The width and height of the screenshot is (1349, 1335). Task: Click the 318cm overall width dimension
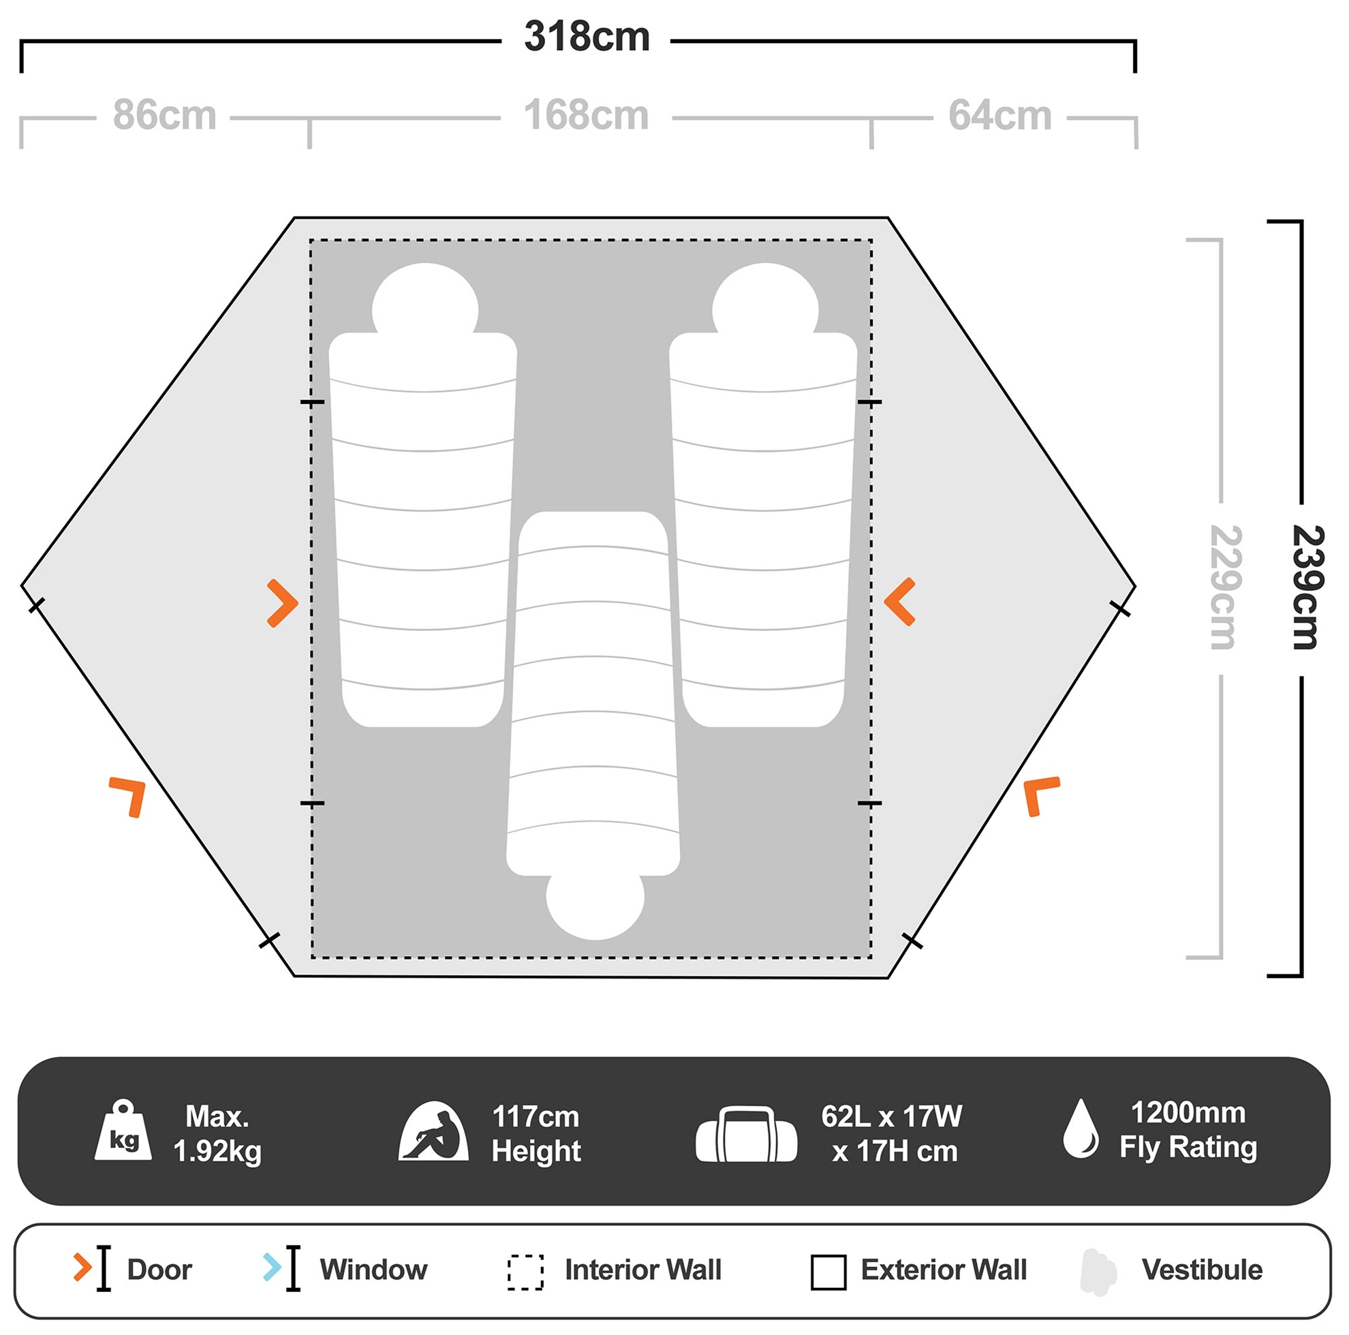587,37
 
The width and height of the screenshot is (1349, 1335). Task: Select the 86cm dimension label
165,115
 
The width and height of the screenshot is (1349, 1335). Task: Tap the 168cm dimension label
587,115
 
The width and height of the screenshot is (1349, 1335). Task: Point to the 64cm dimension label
1000,115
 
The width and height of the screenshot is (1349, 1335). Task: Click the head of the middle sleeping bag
595,905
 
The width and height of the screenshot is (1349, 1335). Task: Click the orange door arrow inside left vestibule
283,602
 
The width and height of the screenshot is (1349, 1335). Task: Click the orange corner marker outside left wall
129,795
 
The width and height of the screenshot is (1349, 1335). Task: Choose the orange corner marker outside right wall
1040,795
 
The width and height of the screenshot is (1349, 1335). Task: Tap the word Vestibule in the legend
1201,1270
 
